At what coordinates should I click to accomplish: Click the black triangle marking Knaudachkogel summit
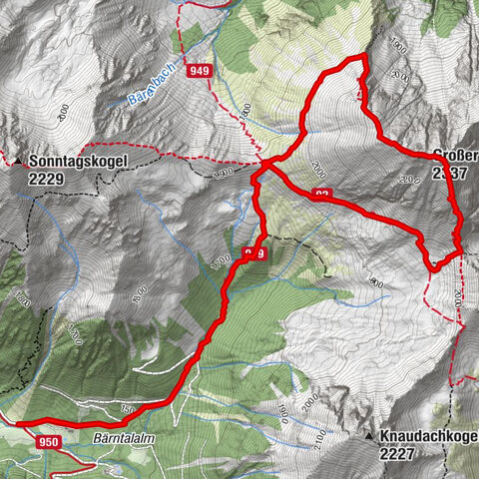(369, 437)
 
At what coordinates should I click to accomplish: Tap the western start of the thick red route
(20, 423)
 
